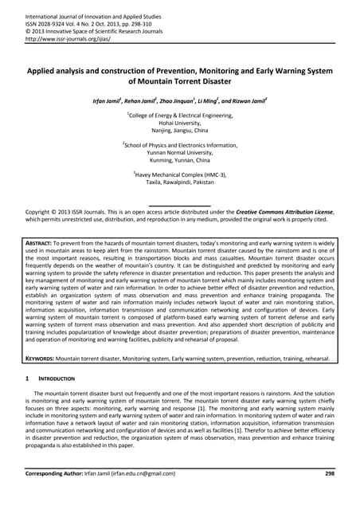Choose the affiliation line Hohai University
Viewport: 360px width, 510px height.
pos(179,124)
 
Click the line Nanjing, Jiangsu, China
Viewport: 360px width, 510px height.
pos(179,131)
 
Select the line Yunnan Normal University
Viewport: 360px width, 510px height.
pos(179,153)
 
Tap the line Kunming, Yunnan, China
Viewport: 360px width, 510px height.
pos(179,161)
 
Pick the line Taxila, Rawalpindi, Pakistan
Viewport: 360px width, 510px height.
pos(179,182)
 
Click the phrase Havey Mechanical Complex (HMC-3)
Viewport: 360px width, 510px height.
pos(181,175)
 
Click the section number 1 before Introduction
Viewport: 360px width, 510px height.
pos(28,379)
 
